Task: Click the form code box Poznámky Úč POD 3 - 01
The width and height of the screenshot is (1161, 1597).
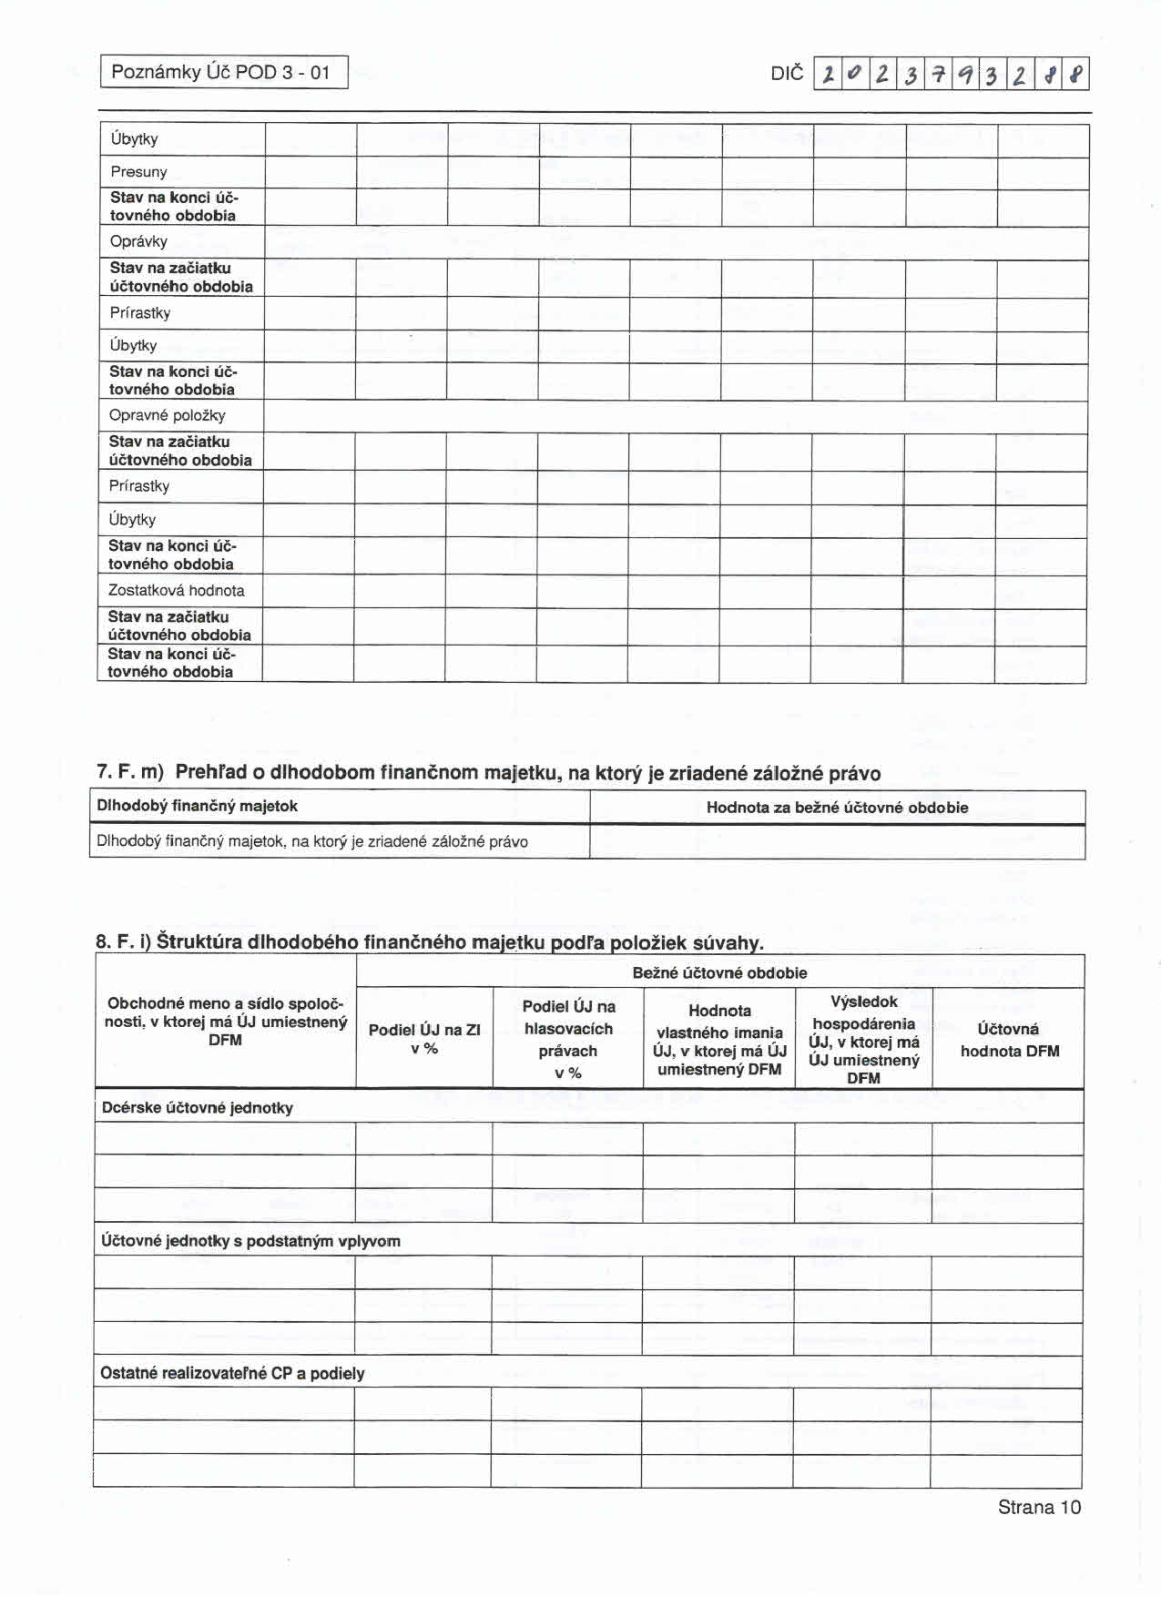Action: click(224, 72)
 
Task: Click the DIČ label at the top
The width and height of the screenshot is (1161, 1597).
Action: click(786, 74)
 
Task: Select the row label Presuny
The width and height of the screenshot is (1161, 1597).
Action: click(139, 172)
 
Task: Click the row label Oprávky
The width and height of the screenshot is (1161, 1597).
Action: click(139, 242)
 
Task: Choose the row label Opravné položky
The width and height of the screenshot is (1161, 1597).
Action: click(167, 415)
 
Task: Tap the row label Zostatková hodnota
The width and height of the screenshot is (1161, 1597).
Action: click(176, 590)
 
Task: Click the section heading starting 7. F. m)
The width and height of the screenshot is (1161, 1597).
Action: click(488, 773)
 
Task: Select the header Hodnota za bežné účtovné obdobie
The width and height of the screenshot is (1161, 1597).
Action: click(837, 808)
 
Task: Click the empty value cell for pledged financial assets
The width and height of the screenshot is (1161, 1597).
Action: click(837, 841)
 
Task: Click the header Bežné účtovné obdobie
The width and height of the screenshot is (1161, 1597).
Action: click(719, 972)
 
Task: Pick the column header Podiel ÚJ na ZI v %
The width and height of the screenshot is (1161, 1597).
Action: click(424, 1039)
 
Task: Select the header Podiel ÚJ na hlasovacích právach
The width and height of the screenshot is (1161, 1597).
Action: click(568, 1039)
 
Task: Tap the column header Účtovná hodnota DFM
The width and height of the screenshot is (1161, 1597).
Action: click(1009, 1040)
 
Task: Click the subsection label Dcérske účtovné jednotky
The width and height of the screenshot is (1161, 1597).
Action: click(198, 1108)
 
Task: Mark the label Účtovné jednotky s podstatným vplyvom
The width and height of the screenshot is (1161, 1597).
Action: click(250, 1241)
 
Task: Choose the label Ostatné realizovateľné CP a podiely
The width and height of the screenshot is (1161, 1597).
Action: click(232, 1373)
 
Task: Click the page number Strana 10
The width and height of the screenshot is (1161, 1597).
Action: click(1038, 1507)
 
